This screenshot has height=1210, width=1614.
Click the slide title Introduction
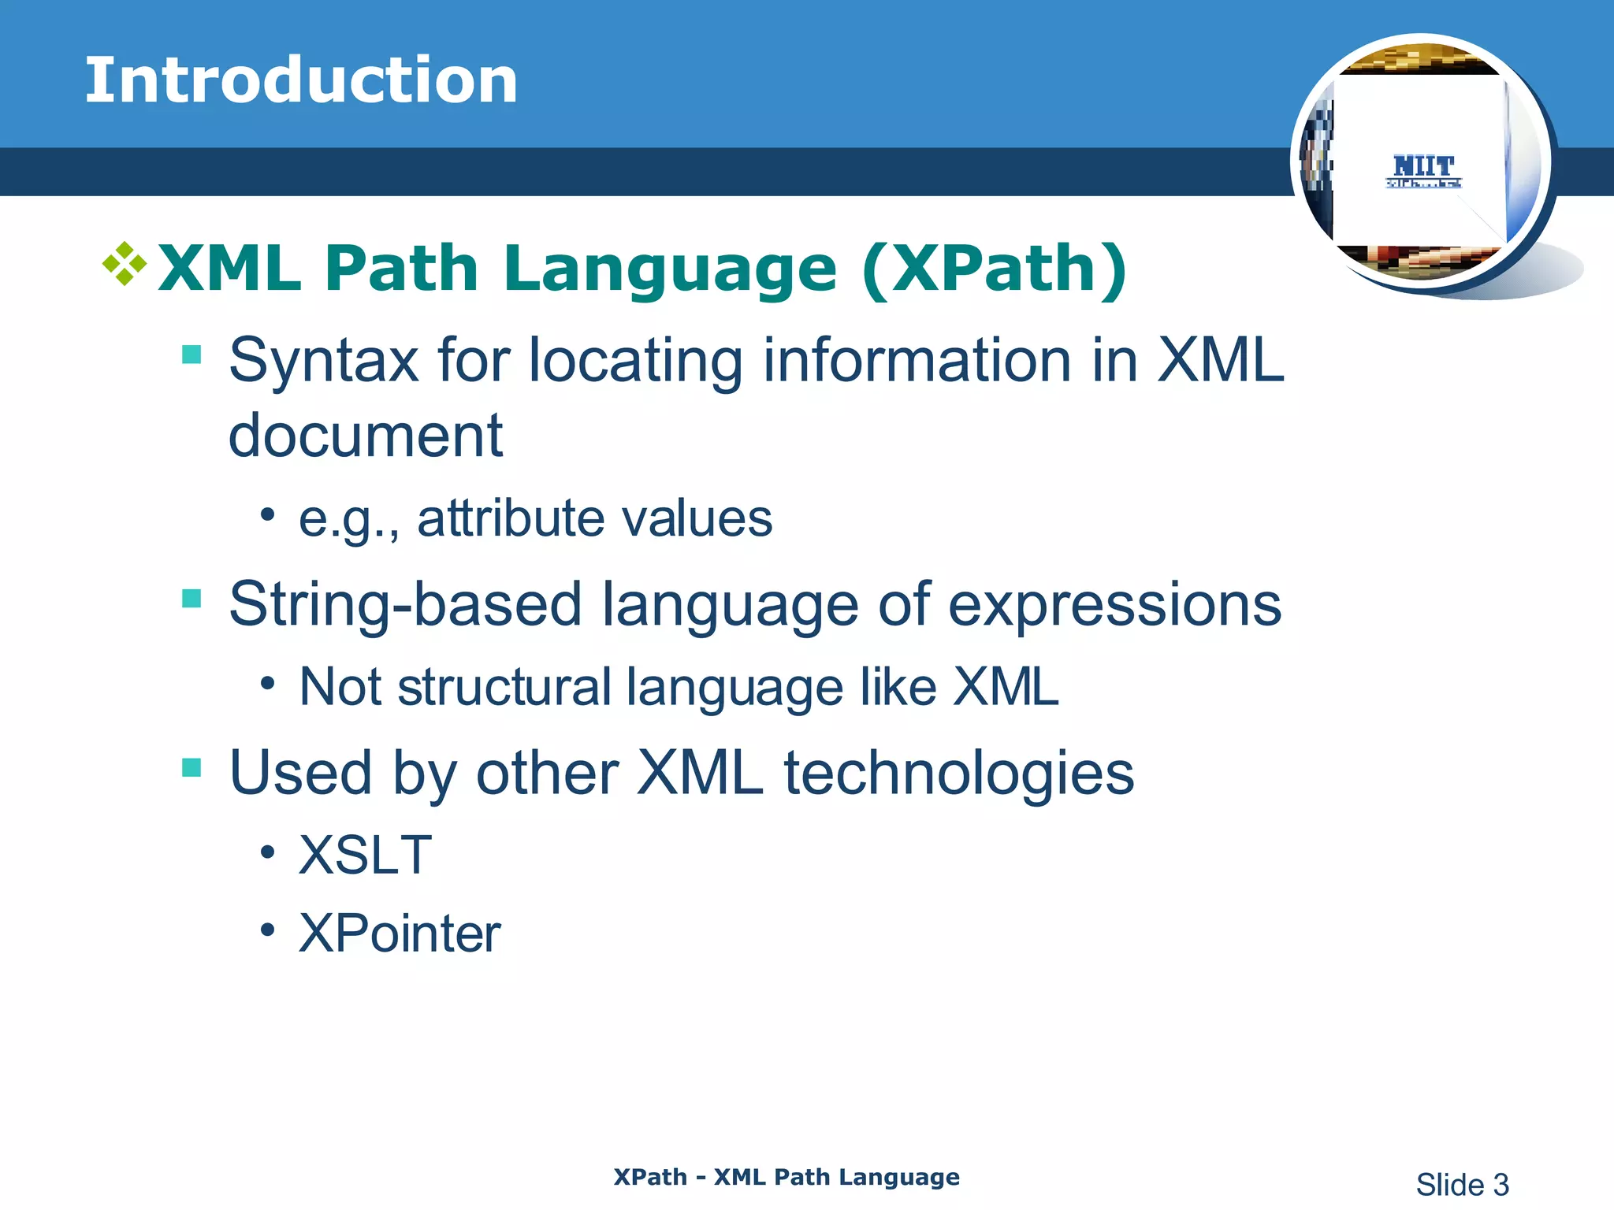coord(301,80)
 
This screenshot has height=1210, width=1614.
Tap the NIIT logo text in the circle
coord(1423,166)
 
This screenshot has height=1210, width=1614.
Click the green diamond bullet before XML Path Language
coord(125,264)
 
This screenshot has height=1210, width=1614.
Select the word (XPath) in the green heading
coord(995,269)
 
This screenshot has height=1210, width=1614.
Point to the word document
coord(365,436)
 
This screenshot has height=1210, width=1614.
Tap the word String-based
coord(405,605)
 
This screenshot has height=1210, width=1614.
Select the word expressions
coord(1114,605)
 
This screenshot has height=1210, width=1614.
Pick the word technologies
coord(958,773)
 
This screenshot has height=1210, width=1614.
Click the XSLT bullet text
coord(365,856)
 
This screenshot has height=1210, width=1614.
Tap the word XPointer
coord(400,934)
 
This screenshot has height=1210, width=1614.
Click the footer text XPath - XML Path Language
coord(787,1177)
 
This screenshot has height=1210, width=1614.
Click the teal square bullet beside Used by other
coord(192,767)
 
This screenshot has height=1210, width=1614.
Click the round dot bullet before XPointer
coord(268,930)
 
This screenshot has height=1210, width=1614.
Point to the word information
coord(916,361)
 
